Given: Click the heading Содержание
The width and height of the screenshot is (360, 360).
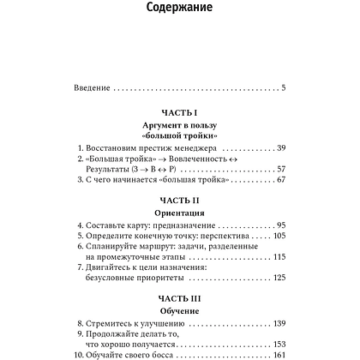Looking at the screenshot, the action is (178, 11).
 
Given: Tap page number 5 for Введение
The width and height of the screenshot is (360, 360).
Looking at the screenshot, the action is (283, 87).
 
